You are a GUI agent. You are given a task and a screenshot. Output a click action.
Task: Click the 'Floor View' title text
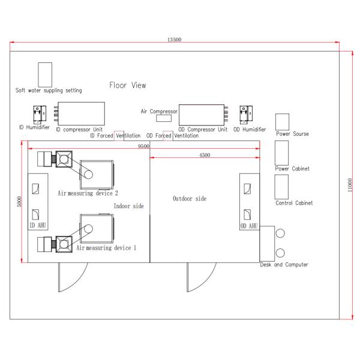pyautogui.click(x=128, y=85)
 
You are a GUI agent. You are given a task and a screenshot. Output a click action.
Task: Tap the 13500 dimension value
pyautogui.click(x=174, y=40)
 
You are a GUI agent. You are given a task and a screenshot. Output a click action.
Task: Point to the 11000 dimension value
pyautogui.click(x=350, y=185)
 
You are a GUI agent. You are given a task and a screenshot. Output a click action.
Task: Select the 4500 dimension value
pyautogui.click(x=205, y=155)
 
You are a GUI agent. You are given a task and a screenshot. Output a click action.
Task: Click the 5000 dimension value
pyautogui.click(x=20, y=202)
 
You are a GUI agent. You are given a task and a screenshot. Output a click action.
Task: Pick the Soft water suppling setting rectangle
pyautogui.click(x=45, y=74)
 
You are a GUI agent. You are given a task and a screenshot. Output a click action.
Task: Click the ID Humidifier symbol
pyautogui.click(x=40, y=115)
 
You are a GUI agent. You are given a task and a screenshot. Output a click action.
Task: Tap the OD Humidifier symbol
pyautogui.click(x=246, y=115)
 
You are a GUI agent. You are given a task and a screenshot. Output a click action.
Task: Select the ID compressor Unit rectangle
pyautogui.click(x=81, y=113)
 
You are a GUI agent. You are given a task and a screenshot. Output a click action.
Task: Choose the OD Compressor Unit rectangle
pyautogui.click(x=202, y=115)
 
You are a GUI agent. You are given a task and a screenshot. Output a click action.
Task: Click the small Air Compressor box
pyautogui.click(x=164, y=118)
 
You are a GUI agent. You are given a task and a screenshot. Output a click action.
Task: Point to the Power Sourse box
pyautogui.click(x=283, y=122)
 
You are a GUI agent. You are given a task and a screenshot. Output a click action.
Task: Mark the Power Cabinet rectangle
pyautogui.click(x=282, y=153)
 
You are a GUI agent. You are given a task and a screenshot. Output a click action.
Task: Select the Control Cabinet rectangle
pyautogui.click(x=281, y=187)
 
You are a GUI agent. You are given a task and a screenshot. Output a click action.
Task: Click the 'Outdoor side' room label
pyautogui.click(x=190, y=199)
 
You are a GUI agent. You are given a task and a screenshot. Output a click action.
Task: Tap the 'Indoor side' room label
pyautogui.click(x=129, y=206)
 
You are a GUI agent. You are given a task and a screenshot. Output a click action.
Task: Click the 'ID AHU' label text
pyautogui.click(x=38, y=225)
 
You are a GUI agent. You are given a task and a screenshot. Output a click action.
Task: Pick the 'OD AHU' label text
pyautogui.click(x=249, y=226)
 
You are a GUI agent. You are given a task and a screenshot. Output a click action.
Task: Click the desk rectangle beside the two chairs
pyautogui.click(x=267, y=244)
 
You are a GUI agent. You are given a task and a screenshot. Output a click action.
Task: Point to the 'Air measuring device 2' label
pyautogui.click(x=88, y=193)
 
